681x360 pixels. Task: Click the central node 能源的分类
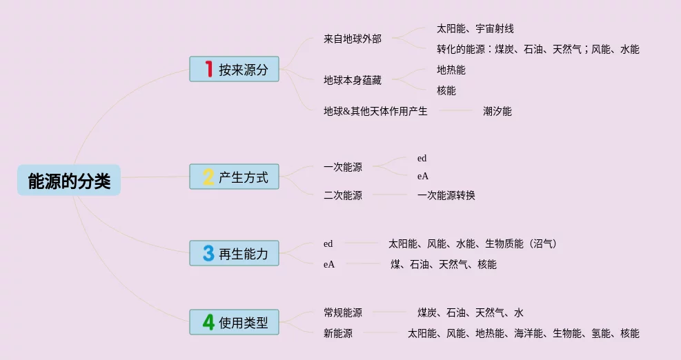pyautogui.click(x=69, y=180)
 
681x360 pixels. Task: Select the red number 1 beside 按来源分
pyautogui.click(x=208, y=69)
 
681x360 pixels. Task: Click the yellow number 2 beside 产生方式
pyautogui.click(x=208, y=177)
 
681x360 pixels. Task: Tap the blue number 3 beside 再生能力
pyautogui.click(x=208, y=253)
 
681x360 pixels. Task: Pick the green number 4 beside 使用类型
pyautogui.click(x=208, y=321)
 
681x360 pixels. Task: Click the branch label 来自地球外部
pyautogui.click(x=352, y=39)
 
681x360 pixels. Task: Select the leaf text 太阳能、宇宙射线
pyautogui.click(x=475, y=29)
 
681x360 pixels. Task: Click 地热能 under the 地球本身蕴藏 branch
pyautogui.click(x=451, y=70)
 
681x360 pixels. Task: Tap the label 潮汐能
pyautogui.click(x=497, y=111)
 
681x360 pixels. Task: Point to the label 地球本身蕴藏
pyautogui.click(x=352, y=80)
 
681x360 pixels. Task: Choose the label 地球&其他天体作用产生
pyautogui.click(x=375, y=111)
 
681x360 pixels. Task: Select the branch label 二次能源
pyautogui.click(x=342, y=195)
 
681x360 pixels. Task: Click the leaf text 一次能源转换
pyautogui.click(x=446, y=195)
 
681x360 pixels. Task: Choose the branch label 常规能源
pyautogui.click(x=342, y=312)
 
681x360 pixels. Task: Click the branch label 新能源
pyautogui.click(x=337, y=333)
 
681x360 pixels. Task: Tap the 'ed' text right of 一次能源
pyautogui.click(x=422, y=159)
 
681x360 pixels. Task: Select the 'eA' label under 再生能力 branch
pyautogui.click(x=328, y=264)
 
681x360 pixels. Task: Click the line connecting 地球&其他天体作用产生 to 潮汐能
pyautogui.click(x=455, y=111)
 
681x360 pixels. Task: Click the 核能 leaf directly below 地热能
pyautogui.click(x=446, y=90)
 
